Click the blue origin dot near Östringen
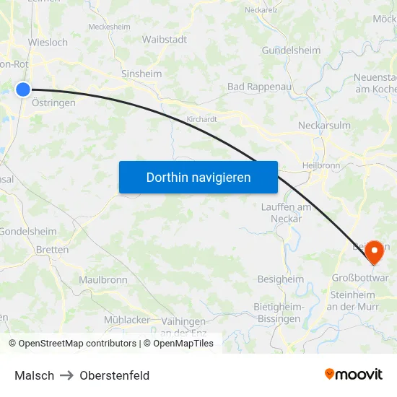(x=23, y=90)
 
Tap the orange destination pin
(x=375, y=252)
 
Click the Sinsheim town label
(x=141, y=74)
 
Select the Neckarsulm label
(x=324, y=125)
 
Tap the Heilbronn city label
(x=319, y=165)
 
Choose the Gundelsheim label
(x=291, y=50)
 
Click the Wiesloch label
(x=48, y=43)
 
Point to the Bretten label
(x=52, y=250)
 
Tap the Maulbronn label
(x=103, y=280)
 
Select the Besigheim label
(x=281, y=279)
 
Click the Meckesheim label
(x=109, y=27)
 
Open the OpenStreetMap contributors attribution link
(x=72, y=344)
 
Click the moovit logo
(x=354, y=374)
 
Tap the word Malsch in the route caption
(x=34, y=375)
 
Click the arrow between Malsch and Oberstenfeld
(x=67, y=375)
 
